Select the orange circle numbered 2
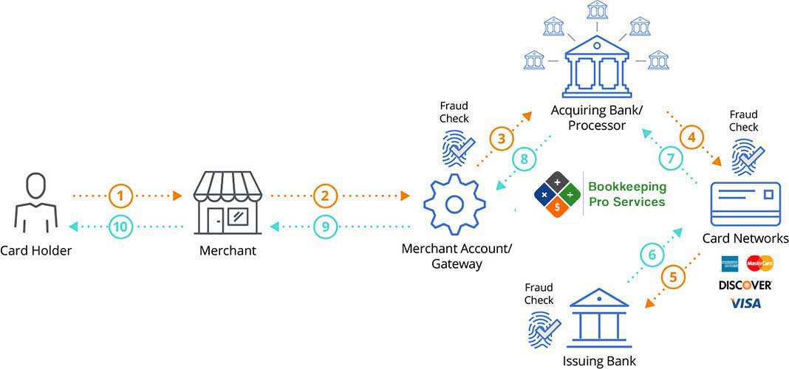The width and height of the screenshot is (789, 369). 324,196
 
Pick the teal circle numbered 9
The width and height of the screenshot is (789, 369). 324,227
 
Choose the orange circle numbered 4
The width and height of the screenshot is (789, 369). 691,137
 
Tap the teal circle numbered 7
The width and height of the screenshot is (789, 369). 670,159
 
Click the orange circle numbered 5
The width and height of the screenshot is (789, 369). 672,279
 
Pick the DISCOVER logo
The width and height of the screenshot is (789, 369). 745,285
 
